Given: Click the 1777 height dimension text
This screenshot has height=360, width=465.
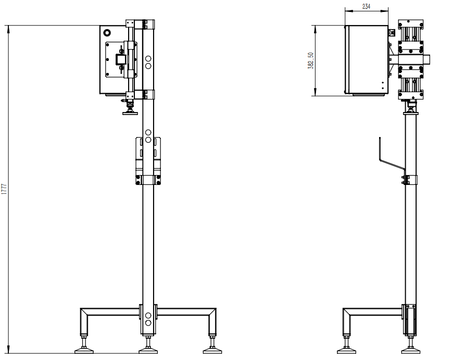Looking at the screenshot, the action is [4, 189].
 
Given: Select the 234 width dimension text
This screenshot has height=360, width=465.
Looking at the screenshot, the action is [366, 6].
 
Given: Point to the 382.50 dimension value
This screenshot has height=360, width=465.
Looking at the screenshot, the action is [310, 60].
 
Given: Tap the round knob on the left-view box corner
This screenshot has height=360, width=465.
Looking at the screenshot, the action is [106, 32].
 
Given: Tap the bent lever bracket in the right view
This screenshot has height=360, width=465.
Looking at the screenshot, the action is [391, 163].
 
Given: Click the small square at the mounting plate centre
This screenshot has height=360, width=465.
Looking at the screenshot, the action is [120, 60].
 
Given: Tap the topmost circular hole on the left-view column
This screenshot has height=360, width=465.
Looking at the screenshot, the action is [148, 58].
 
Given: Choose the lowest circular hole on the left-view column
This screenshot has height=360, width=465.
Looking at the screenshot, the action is [148, 323].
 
